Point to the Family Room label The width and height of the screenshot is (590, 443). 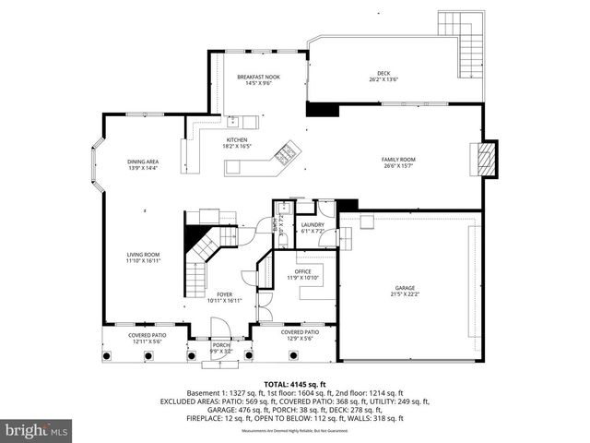[x=398, y=162]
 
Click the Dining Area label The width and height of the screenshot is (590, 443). [x=143, y=165]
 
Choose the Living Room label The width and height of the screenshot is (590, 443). [x=143, y=257]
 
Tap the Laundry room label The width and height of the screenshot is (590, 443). [x=312, y=228]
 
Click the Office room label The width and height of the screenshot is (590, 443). [x=302, y=274]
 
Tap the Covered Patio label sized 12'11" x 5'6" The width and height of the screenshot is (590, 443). [x=147, y=338]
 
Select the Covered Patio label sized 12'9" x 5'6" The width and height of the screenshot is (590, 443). [x=301, y=334]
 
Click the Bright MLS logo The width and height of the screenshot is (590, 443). [x=37, y=430]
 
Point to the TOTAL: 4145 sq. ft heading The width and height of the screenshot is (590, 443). [x=294, y=384]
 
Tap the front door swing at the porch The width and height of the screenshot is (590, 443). [x=219, y=329]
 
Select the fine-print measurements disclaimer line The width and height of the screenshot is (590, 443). [x=294, y=431]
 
